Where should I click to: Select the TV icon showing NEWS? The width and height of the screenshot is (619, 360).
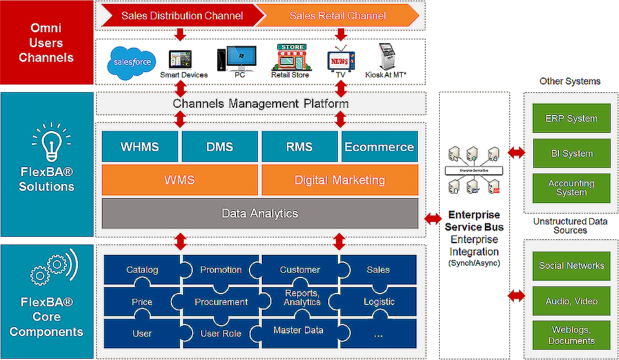339,59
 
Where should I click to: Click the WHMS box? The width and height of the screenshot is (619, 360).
140,146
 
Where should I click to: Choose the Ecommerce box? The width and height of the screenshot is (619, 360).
379,146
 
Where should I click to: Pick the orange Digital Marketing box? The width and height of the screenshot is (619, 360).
340,180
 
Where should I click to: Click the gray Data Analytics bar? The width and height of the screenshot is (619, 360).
260,213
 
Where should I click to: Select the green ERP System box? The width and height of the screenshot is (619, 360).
571,119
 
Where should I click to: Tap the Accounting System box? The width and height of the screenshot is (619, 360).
571,188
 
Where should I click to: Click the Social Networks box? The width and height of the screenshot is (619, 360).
571,266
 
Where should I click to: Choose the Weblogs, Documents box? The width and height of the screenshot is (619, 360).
571,335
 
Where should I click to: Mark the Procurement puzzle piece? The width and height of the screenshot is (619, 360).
221,301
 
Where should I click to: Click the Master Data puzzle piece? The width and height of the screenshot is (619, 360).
299,331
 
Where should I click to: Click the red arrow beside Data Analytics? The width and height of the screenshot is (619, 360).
433,219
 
